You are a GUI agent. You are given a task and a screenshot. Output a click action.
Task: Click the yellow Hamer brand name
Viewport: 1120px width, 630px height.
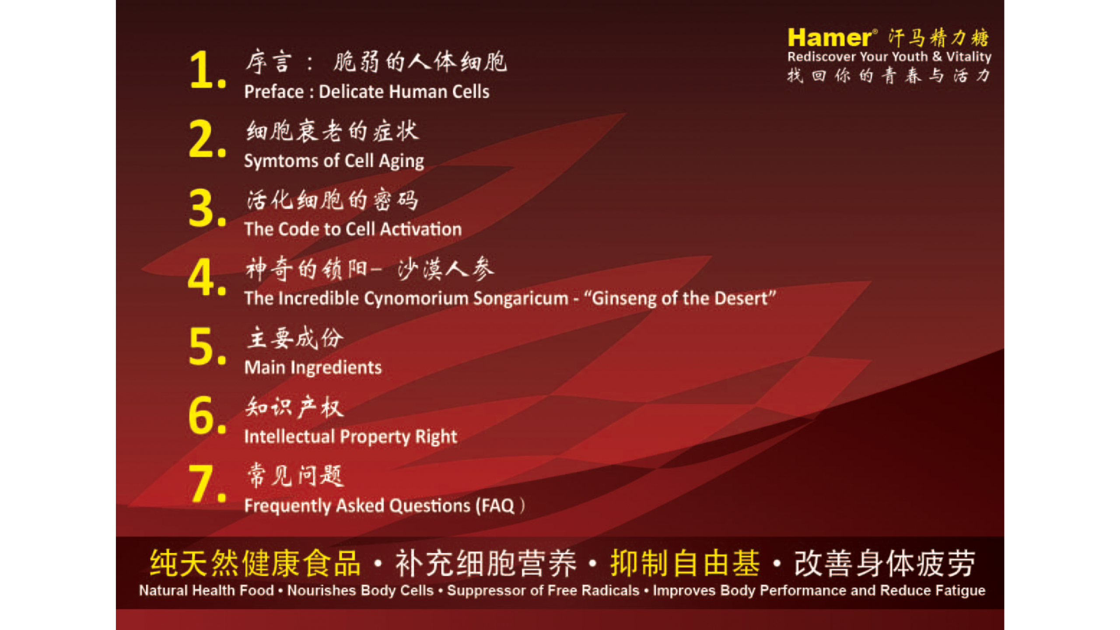point(829,38)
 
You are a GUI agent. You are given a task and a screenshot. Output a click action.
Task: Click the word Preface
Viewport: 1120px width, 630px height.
point(274,92)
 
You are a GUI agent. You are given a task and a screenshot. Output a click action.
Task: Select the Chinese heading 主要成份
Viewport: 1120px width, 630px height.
point(295,338)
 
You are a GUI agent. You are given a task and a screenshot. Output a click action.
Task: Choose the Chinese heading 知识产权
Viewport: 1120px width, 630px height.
point(295,407)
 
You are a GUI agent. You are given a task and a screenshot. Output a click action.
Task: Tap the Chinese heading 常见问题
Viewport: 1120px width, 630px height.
point(295,476)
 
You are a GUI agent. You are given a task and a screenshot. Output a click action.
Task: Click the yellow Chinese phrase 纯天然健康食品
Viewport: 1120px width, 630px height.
point(255,563)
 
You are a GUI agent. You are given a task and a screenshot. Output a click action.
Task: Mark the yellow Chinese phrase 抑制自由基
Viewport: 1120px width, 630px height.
point(685,563)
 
